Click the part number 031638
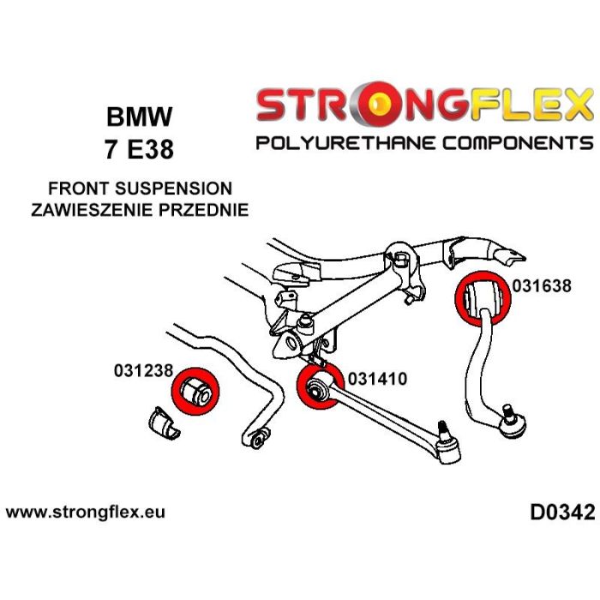[x=542, y=286]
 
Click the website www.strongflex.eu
[x=85, y=513]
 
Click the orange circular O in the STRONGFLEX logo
[x=398, y=105]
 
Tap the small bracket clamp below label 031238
[x=161, y=423]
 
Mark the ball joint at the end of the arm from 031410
[x=447, y=442]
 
